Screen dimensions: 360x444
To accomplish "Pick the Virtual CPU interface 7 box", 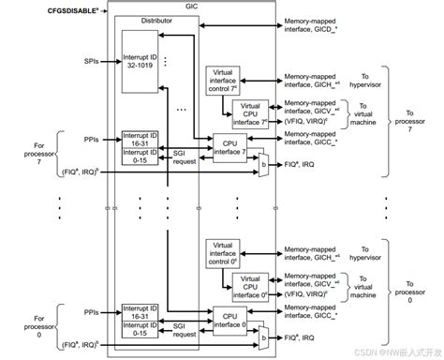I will [x=250, y=112].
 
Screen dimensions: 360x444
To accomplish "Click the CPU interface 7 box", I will [x=231, y=146].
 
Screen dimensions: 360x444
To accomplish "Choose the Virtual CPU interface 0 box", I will [x=250, y=284].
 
